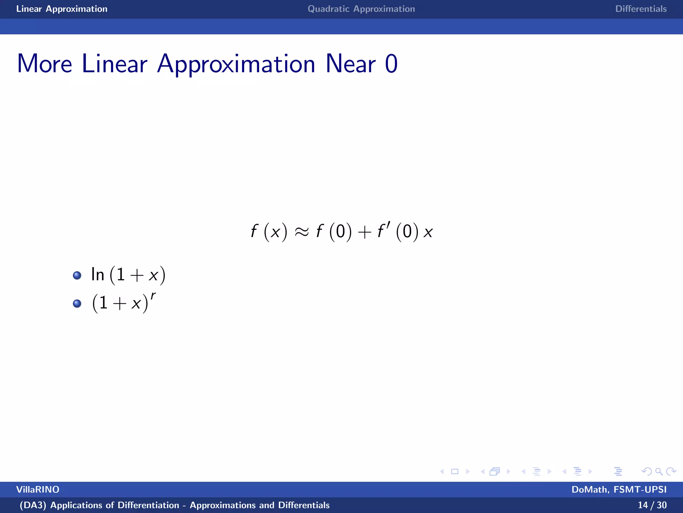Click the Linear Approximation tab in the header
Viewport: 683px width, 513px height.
pos(62,9)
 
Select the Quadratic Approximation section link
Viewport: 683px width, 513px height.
pos(361,9)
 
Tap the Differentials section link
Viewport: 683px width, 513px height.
pos(641,9)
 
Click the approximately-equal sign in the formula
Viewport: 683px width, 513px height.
pos(301,232)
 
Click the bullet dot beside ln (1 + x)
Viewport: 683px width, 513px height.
pos(77,275)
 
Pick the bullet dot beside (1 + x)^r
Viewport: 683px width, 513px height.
pos(77,303)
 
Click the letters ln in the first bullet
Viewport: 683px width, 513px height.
pos(98,275)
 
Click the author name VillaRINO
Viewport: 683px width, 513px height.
pos(38,490)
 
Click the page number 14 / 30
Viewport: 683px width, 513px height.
pos(652,505)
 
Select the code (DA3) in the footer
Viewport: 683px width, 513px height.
pos(33,505)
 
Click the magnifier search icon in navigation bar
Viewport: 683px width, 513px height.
pos(659,471)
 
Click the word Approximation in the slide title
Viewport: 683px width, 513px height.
pos(236,64)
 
